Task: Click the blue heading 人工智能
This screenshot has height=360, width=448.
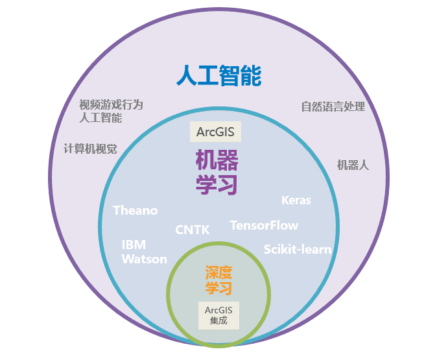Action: click(219, 75)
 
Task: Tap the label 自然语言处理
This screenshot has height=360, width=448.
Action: click(333, 106)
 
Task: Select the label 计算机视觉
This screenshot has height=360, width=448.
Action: click(90, 149)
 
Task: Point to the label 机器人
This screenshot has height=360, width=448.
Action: click(353, 165)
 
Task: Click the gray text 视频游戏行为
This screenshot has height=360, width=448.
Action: click(111, 105)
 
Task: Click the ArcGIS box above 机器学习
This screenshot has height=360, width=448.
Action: click(215, 132)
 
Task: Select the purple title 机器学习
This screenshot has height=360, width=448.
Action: click(217, 172)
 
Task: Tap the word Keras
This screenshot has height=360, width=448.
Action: click(296, 200)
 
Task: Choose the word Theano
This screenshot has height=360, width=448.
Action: click(136, 210)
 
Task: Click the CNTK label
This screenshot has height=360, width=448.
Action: click(193, 230)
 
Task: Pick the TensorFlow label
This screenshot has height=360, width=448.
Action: click(264, 225)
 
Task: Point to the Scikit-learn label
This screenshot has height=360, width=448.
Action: click(298, 249)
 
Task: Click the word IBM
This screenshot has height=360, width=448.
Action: click(134, 245)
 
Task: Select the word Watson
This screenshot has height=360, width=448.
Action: click(145, 259)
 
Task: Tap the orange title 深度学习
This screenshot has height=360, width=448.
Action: click(218, 280)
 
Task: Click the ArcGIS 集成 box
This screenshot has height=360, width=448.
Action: click(218, 315)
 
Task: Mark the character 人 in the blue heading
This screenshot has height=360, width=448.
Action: click(187, 75)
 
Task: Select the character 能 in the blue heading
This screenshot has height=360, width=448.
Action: click(251, 75)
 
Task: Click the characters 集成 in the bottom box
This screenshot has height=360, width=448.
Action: click(218, 320)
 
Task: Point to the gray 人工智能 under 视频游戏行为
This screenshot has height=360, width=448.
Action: click(100, 118)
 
